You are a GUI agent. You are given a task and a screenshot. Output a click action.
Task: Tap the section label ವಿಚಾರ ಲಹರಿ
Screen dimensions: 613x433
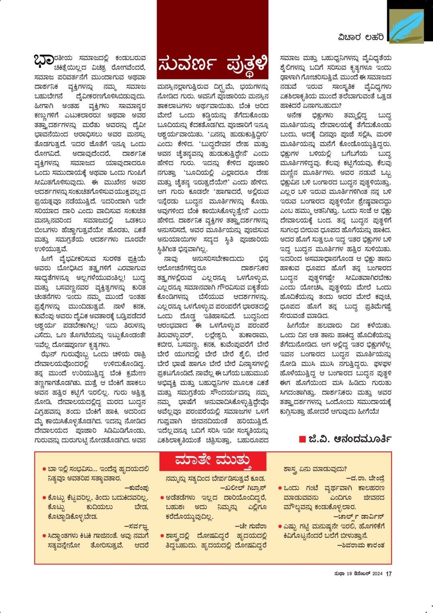click(x=361, y=37)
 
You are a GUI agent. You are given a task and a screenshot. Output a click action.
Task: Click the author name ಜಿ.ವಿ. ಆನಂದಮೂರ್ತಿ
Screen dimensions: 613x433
click(x=350, y=439)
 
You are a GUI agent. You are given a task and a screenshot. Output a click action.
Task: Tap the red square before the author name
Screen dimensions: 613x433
click(x=302, y=439)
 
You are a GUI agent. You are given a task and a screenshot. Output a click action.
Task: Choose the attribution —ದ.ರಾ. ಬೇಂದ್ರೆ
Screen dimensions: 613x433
click(x=365, y=478)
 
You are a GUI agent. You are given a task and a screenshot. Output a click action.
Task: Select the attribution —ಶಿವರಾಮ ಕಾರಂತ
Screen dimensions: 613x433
click(x=360, y=545)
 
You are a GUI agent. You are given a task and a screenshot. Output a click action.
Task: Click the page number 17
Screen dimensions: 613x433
click(x=388, y=574)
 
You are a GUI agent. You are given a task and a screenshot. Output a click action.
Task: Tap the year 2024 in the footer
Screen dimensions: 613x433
click(x=377, y=574)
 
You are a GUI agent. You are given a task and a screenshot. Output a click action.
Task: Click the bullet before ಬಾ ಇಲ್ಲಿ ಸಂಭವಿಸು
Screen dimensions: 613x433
click(x=44, y=469)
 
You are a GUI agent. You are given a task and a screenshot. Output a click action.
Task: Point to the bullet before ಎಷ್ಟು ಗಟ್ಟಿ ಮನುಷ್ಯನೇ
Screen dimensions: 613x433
click(x=280, y=527)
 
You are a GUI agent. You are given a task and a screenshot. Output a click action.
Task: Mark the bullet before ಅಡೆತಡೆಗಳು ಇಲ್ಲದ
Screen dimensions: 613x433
click(x=162, y=498)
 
